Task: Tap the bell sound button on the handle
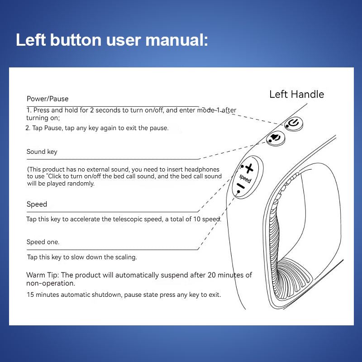275,138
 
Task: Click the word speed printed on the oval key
245,178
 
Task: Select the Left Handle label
296,94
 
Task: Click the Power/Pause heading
48,99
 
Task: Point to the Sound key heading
42,152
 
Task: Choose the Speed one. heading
43,242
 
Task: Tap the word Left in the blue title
31,40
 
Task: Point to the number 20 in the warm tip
212,275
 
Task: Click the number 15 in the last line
30,295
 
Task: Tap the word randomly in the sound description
80,183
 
